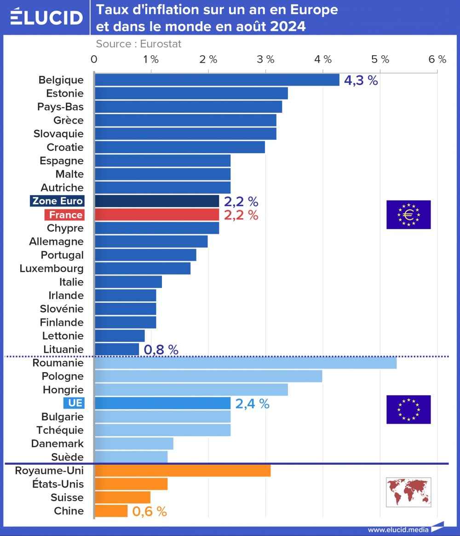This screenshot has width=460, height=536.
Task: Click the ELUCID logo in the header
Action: [x=46, y=17]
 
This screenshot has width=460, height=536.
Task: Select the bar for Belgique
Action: [x=217, y=80]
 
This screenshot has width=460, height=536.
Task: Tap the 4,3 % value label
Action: [x=361, y=81]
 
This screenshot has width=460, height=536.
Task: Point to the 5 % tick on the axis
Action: [x=381, y=59]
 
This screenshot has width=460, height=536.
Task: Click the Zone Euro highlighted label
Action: [x=57, y=201]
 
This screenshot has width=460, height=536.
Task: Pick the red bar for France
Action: [x=156, y=215]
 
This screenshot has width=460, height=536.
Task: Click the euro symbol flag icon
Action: [x=408, y=214]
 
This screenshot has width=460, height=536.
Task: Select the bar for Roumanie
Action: [x=245, y=363]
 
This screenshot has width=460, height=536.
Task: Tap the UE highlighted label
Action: [x=73, y=403]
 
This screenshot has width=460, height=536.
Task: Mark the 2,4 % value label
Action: [x=252, y=404]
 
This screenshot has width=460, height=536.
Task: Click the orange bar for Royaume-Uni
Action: [x=183, y=471]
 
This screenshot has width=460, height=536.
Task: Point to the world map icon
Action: [x=408, y=492]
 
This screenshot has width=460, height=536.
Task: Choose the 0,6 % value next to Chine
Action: [x=149, y=511]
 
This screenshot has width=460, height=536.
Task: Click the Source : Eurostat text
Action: [x=138, y=44]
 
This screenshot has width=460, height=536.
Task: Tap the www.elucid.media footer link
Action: [x=398, y=530]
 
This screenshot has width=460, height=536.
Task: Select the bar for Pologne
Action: [x=208, y=376]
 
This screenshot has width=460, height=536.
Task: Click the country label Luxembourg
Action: [x=52, y=269]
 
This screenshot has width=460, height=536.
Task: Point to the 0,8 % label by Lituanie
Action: [x=161, y=350]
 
